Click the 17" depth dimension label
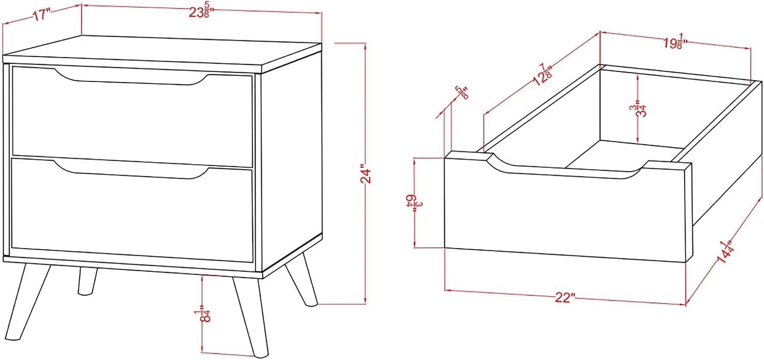pos(42,15)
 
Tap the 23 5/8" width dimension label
pos(201,12)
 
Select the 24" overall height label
pos(365,175)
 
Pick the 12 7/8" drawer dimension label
pos(543,75)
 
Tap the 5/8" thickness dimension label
pos(462,92)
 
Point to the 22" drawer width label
pos(564,297)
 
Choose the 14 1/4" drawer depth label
pos(724,253)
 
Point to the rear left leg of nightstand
pos(87,281)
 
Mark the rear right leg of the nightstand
pos(302,280)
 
